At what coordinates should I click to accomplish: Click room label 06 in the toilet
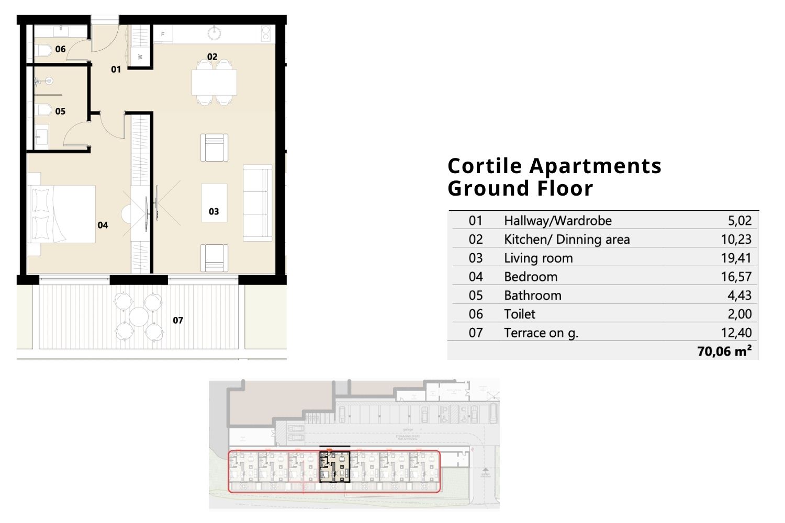point(60,49)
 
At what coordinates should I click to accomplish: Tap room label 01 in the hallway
point(116,69)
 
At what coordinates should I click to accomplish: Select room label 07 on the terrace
point(178,320)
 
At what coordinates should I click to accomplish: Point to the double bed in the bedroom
point(63,214)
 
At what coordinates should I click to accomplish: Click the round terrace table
point(139,316)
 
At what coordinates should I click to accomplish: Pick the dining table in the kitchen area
point(214,82)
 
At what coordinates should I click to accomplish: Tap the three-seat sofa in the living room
point(257,202)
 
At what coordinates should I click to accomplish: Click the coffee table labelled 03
point(214,203)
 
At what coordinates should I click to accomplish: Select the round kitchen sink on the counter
point(214,33)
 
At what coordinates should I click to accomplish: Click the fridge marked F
point(163,35)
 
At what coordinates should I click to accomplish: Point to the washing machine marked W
point(140,56)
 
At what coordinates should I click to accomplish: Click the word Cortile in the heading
point(485,166)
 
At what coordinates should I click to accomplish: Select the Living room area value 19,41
point(736,258)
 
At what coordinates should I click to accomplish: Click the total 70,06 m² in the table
point(724,351)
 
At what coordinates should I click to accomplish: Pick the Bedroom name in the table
point(530,277)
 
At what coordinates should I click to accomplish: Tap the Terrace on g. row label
point(541,333)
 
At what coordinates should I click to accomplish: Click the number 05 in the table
point(475,295)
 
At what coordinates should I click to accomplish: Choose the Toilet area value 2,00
point(739,314)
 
